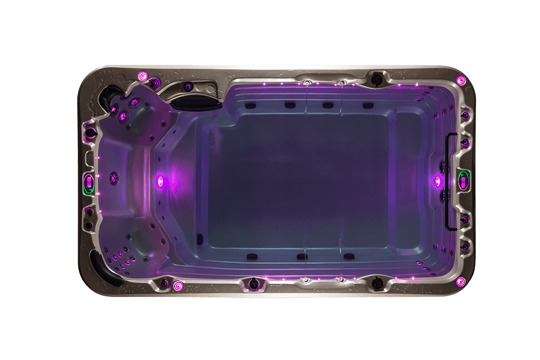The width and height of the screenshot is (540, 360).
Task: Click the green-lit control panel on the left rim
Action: (x=89, y=183)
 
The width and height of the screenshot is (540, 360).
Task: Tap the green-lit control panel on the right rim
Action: (x=464, y=181)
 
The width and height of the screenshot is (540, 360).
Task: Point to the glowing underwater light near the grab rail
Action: (x=437, y=181)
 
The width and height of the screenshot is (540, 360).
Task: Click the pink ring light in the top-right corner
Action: (x=461, y=81)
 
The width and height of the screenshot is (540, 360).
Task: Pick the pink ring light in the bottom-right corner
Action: (x=460, y=281)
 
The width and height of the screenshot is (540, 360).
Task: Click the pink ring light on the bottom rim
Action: (x=178, y=286)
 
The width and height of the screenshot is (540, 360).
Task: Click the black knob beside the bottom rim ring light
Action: (x=251, y=284)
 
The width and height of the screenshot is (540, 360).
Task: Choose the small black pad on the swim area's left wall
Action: (x=200, y=238)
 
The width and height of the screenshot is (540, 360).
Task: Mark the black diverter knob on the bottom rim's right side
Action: (x=378, y=284)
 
